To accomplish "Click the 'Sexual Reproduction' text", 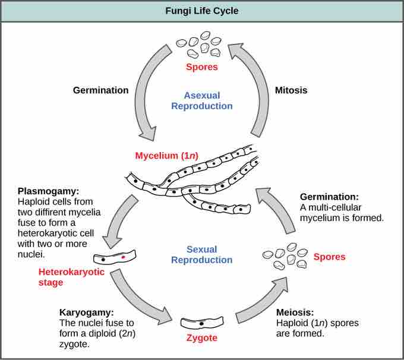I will pyautogui.click(x=201, y=254).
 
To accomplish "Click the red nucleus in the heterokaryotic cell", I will pyautogui.click(x=124, y=258).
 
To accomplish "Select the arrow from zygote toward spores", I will pyautogui.click(x=261, y=304).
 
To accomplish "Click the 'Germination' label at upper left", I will pyautogui.click(x=100, y=90).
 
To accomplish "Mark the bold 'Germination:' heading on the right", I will pyautogui.click(x=328, y=197).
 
